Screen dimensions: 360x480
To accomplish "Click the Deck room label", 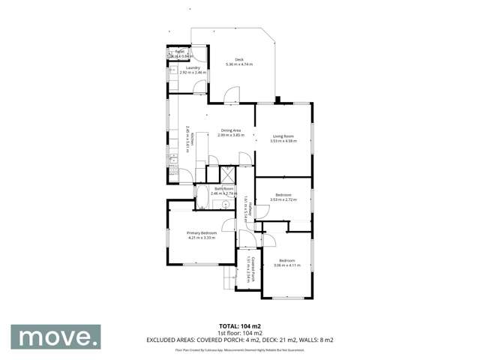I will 239,59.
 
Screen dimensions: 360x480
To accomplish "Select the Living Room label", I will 282,136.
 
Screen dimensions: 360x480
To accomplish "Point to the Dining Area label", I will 230,130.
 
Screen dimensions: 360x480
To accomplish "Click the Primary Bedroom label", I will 202,233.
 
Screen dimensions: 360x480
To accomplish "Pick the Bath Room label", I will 224,189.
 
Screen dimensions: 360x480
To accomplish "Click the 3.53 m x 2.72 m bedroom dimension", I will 282,199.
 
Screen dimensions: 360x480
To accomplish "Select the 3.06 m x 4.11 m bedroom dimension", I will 286,265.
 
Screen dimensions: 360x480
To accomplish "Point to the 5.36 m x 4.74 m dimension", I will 239,64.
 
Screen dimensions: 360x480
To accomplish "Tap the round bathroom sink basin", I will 224,202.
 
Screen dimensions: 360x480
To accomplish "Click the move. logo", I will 55,337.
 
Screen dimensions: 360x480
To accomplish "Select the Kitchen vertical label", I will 191,140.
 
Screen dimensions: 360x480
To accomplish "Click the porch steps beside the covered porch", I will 227,279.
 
